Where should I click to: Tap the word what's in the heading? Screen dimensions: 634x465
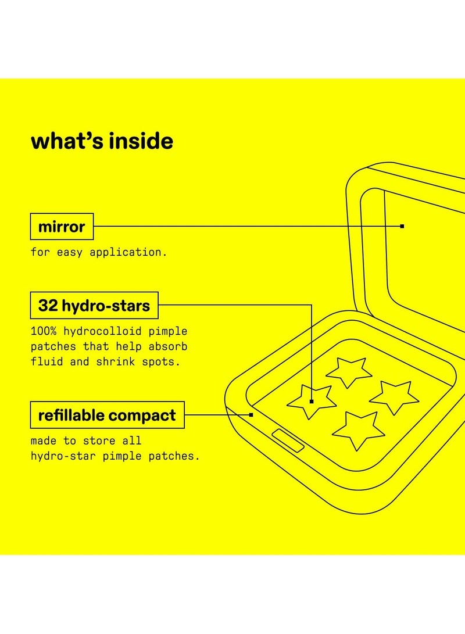pos(64,141)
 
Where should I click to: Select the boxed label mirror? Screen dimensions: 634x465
pos(62,226)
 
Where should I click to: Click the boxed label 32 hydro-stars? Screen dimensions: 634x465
pos(94,306)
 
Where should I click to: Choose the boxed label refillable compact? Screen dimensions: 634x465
pos(107,415)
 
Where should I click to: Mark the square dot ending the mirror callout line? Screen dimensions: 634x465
pos(402,226)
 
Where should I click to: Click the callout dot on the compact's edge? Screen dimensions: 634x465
pos(251,415)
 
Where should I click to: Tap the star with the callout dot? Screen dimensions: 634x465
pos(311,399)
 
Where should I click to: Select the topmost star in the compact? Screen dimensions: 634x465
pos(349,371)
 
